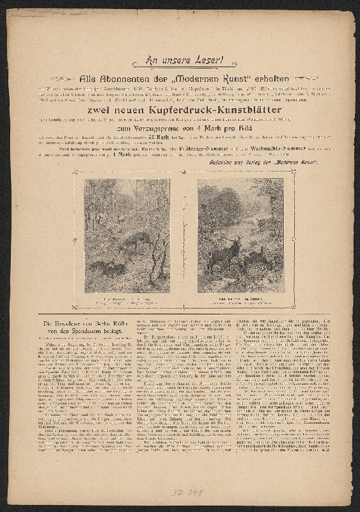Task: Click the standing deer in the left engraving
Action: (x=137, y=239)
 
